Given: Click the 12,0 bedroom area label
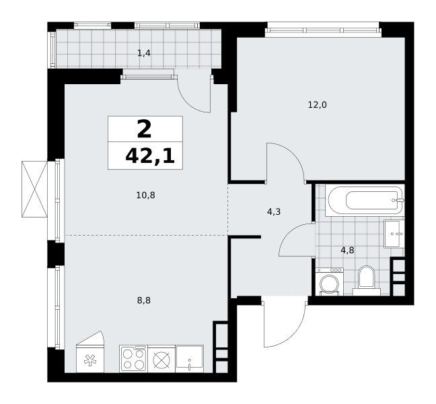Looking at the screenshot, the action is point(318,105).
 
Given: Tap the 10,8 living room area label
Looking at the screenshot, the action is point(146,195).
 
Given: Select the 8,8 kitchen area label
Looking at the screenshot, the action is point(144,300).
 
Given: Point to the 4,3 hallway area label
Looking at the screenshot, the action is point(274,212).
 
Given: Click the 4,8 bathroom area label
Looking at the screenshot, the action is point(348,250).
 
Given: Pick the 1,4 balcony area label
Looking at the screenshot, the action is point(144,53).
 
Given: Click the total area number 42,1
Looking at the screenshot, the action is point(150,156).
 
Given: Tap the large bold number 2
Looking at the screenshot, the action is point(144,129).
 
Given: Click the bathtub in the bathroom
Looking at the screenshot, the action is point(365,200).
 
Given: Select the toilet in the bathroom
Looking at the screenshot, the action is point(367,280).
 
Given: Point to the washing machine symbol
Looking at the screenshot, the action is point(330,281).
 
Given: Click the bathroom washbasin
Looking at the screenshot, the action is point(394,234).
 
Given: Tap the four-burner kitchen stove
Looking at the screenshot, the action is point(134,359).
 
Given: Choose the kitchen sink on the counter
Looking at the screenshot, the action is point(190,359).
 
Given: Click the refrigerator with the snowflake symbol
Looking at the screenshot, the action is point(90,351).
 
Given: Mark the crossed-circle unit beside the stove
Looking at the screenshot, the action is point(161,359).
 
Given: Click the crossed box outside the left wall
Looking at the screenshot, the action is point(34,189).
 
